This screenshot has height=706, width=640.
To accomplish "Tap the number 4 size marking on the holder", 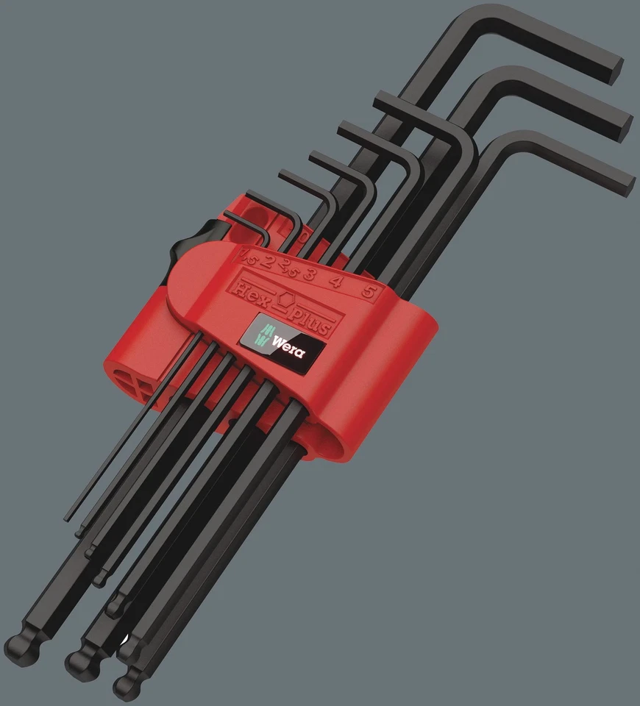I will point(337,281).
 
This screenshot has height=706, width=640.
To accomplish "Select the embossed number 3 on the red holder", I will point(310,274).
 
